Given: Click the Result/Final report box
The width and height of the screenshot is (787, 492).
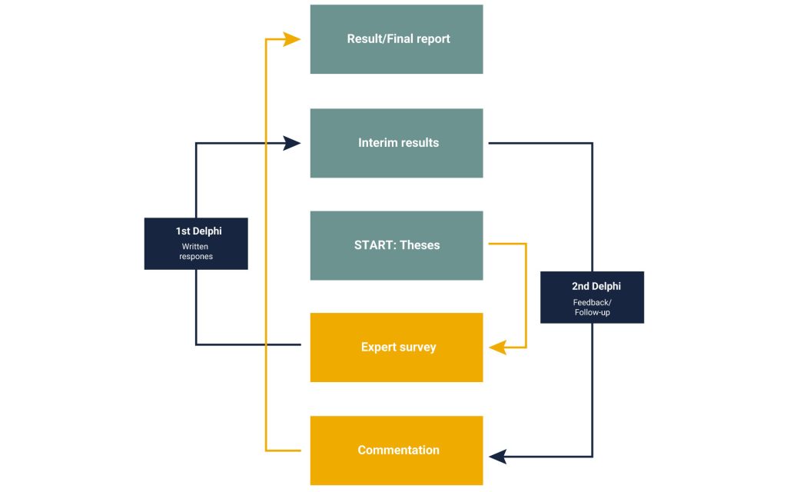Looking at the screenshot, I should pos(397,39).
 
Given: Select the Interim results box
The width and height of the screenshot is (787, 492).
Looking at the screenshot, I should pos(397,143).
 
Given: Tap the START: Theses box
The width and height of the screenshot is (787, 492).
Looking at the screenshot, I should pos(397,245).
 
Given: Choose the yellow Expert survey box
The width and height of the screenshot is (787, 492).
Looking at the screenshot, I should pos(397,347).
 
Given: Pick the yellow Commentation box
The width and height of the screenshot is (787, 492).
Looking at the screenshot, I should pos(397,450).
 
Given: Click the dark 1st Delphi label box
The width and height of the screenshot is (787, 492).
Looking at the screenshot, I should pos(196,244).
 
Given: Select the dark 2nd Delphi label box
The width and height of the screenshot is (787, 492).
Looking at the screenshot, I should pos(592,297).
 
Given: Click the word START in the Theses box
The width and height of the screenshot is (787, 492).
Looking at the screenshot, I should pos(371,245).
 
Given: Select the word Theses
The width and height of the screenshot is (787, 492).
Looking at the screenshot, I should pos(420,245).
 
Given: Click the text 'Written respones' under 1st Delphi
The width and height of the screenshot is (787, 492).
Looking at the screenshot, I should pos(196,251).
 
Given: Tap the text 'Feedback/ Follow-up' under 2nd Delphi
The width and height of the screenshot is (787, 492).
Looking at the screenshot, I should pos(592,307).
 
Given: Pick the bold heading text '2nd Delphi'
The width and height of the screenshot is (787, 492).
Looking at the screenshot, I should pos(592,286).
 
